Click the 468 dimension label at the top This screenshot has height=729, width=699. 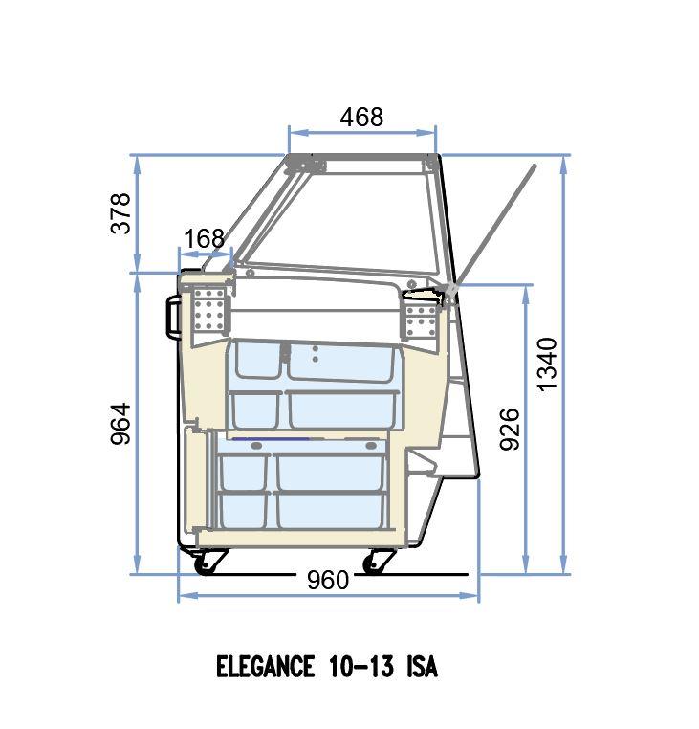pyautogui.click(x=361, y=117)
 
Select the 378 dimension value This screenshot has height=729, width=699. pyautogui.click(x=120, y=213)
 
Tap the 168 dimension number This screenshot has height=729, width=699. pyautogui.click(x=204, y=238)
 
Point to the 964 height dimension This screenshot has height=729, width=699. pyautogui.click(x=120, y=424)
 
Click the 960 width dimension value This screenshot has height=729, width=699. pyautogui.click(x=328, y=580)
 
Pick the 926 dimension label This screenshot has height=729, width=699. pyautogui.click(x=509, y=429)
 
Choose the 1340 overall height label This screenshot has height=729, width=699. pyautogui.click(x=547, y=364)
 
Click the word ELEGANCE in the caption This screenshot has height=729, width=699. pyautogui.click(x=265, y=666)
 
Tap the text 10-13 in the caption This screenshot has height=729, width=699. pyautogui.click(x=361, y=666)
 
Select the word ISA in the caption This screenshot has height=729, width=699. pyautogui.click(x=422, y=666)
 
